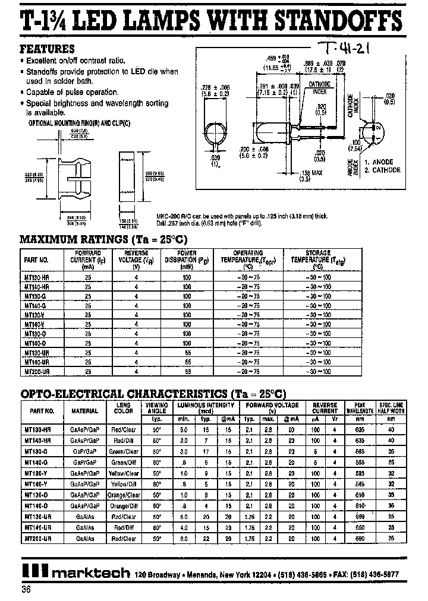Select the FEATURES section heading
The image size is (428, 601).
tap(48, 49)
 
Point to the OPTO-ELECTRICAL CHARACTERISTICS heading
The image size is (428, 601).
tap(153, 394)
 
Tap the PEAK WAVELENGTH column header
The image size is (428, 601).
tap(358, 407)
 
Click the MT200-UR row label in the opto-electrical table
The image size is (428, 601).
tap(40, 538)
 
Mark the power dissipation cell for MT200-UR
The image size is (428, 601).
tap(187, 371)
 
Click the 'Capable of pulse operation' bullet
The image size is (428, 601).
tap(72, 92)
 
